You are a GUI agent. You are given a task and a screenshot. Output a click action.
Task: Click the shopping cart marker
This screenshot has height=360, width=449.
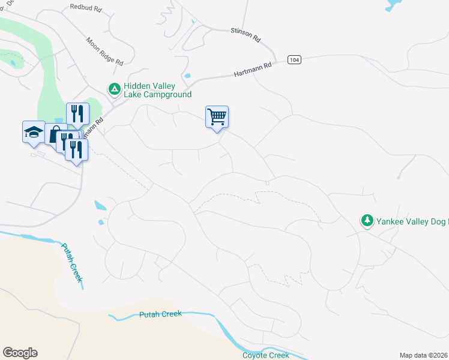pos(217,116)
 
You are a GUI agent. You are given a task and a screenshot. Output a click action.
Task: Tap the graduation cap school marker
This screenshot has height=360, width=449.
pos(34,131)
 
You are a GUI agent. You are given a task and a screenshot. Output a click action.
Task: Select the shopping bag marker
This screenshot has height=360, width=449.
pos(55,135)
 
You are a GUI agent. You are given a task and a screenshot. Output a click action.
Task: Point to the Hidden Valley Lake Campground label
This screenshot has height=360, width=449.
pos(157,90)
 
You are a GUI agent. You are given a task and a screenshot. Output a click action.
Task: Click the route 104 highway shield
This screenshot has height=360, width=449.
pos(294,60)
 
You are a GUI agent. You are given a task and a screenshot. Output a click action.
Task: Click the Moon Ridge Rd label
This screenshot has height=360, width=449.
pos(104,52)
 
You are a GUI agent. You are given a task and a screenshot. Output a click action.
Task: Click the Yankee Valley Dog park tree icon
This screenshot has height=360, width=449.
pos(367,221)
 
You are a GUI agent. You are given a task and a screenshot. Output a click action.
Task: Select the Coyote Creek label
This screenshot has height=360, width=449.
pos(265,355)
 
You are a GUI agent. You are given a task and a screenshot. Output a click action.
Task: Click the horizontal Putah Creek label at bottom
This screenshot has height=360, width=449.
pos(160,314)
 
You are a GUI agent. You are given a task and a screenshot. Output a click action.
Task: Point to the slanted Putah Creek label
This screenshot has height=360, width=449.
pos(71,263)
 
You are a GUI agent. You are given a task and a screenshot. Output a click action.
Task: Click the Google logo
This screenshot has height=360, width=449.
pos(20,353)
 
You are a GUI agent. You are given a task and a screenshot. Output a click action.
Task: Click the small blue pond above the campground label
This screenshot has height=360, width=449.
pos(188,76)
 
